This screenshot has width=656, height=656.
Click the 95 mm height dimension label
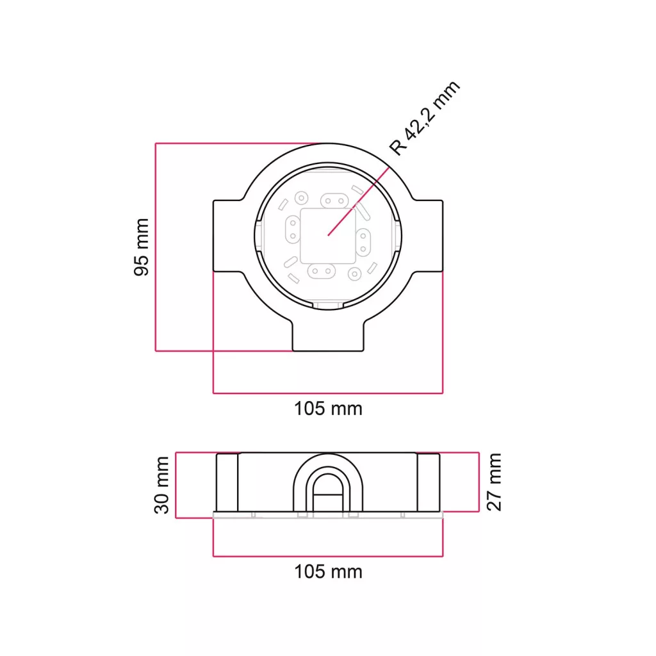[x=142, y=247]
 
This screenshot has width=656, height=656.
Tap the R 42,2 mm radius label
[x=425, y=118]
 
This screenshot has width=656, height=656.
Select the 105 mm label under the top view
[x=328, y=409]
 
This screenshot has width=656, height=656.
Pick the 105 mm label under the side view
[x=328, y=572]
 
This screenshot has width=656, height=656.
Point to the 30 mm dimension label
[x=161, y=486]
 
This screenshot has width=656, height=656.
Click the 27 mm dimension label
[x=494, y=482]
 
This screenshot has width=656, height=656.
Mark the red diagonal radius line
[x=359, y=201]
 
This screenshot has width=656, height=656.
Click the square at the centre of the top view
[x=328, y=236]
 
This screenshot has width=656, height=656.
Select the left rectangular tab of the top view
[x=228, y=236]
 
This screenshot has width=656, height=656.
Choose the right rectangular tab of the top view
[x=429, y=236]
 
